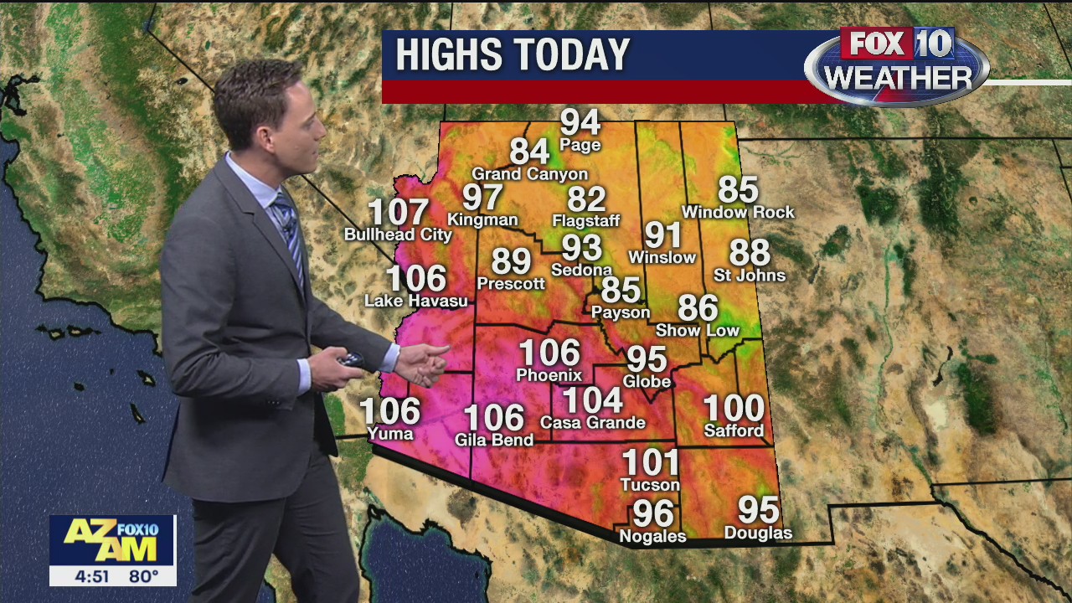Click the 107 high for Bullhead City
tap(399, 213)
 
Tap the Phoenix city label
tap(549, 375)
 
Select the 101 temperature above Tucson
tap(651, 462)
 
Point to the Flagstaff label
tap(586, 221)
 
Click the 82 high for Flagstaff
tap(586, 199)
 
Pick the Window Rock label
tap(738, 213)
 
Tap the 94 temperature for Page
tap(580, 122)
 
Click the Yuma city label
tap(390, 434)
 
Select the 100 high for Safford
tap(734, 409)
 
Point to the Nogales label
tap(652, 536)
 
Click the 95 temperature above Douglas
tap(758, 510)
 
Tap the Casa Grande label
tap(593, 423)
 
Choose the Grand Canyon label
tap(530, 174)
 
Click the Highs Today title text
tap(513, 55)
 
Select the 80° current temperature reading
tap(143, 577)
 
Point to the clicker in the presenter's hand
tap(351, 360)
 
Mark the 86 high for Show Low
tap(698, 309)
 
